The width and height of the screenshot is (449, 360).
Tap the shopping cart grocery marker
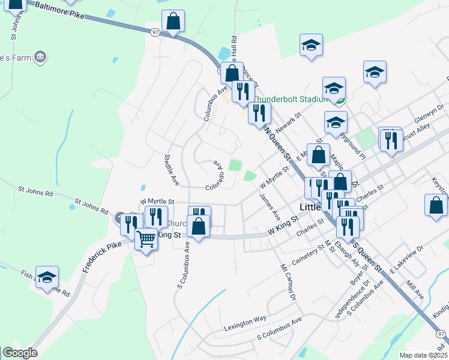tap(146, 239)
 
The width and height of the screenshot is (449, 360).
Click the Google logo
tap(20, 353)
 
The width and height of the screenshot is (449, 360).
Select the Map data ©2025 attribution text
tap(423, 355)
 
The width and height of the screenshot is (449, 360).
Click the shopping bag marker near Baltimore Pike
tap(173, 22)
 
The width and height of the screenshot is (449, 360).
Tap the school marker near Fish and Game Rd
tap(47, 277)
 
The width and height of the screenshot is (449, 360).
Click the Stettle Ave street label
tap(172, 169)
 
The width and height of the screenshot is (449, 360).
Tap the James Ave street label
tap(270, 205)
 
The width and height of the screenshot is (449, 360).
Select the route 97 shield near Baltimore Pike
tap(154, 34)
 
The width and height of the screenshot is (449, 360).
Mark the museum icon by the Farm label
tap(40, 57)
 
